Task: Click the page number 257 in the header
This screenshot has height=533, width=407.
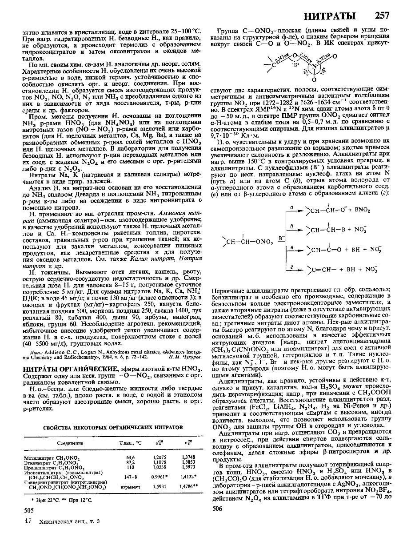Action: coord(382,16)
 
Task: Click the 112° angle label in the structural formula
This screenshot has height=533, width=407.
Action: coord(294,64)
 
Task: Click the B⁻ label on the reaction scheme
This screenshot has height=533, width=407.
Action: coord(280,238)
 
